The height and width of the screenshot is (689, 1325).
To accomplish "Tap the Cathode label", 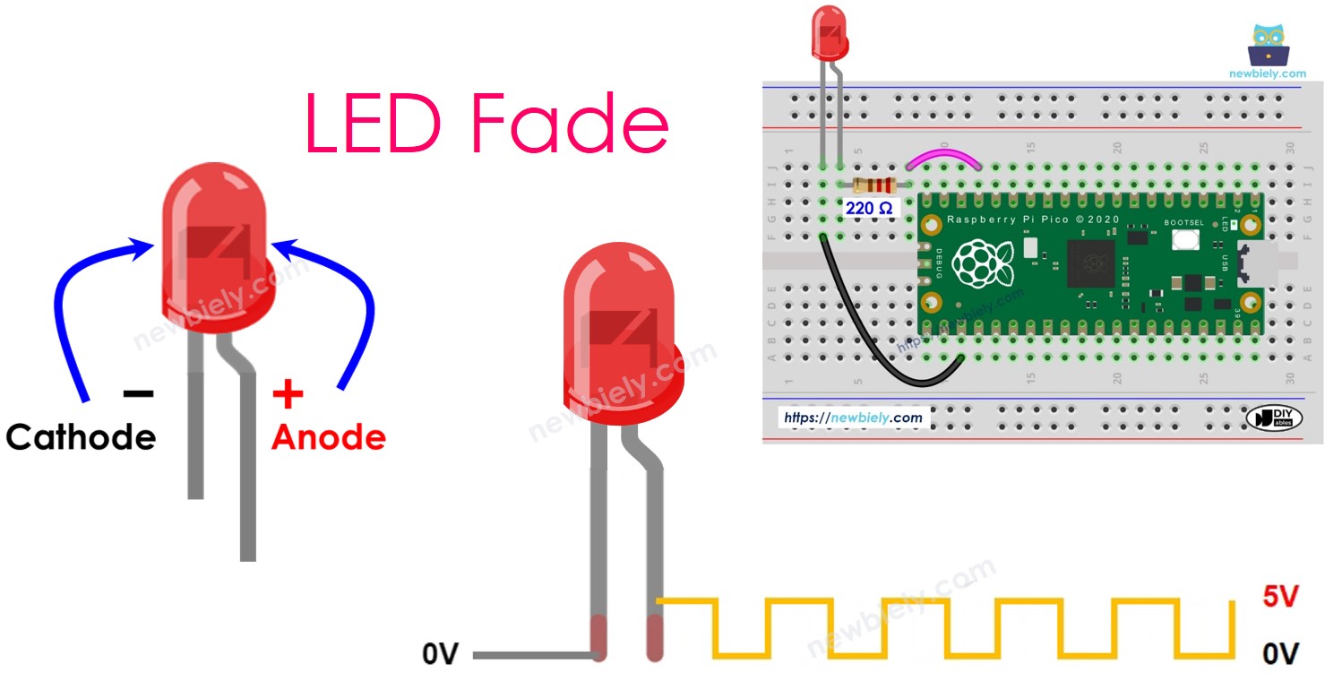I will click(x=81, y=437).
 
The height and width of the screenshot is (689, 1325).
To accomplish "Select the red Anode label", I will click(x=328, y=437).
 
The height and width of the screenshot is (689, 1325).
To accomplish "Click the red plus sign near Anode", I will click(x=287, y=393).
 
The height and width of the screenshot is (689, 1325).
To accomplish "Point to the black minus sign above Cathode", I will click(x=138, y=393).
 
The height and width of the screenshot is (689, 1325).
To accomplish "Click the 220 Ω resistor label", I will click(x=868, y=208).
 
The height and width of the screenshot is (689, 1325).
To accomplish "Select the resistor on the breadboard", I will click(x=874, y=185).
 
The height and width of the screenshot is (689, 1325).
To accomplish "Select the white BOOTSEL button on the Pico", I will click(x=1186, y=239).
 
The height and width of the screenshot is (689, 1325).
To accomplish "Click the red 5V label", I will click(x=1279, y=598).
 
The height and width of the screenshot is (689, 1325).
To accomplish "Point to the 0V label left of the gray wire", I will click(x=440, y=655).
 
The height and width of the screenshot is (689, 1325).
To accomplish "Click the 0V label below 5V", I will click(x=1279, y=655).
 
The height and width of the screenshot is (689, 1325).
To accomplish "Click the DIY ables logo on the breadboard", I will click(x=1273, y=418).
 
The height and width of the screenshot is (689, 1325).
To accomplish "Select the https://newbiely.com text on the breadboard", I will click(x=852, y=418).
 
